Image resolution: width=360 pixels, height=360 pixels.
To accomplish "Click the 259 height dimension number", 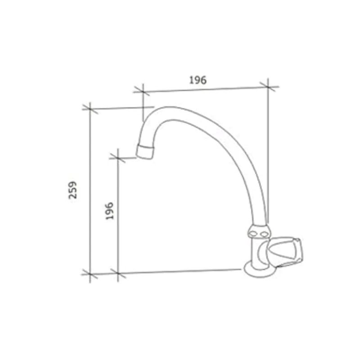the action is (x=73, y=190).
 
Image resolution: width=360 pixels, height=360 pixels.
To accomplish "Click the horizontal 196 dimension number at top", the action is (x=198, y=80).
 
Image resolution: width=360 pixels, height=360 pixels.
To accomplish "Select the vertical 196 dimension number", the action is (x=109, y=211).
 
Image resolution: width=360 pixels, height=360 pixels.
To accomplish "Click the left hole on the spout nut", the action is (x=253, y=234).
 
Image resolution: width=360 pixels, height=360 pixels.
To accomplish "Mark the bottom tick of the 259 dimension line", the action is (x=90, y=274).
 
